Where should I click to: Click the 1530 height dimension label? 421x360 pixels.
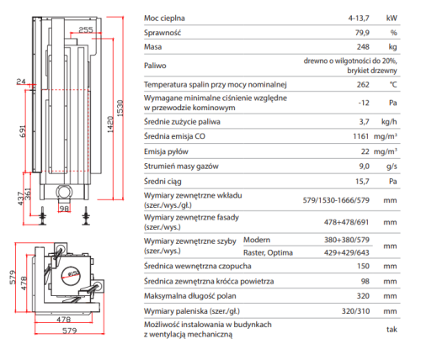coord(120,108)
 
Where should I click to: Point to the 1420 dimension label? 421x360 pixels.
coord(110,124)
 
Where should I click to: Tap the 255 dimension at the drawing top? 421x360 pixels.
coord(86,29)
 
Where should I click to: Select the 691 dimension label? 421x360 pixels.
coord(23,131)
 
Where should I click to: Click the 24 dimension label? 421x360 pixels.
coord(21,82)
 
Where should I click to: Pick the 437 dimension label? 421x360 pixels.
coord(21,199)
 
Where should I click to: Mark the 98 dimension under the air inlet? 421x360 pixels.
coord(64,209)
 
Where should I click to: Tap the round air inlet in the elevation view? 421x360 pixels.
coord(64,192)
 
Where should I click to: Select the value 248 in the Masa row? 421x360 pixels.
coord(363,47)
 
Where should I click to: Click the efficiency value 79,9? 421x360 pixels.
coord(362,33)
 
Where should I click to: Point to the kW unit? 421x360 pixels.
coord(392,19)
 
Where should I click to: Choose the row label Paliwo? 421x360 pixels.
coord(155,66)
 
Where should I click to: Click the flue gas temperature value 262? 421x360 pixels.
coord(363,84)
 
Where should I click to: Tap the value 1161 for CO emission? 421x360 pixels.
coord(361,136)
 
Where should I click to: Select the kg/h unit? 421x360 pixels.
coord(389,122)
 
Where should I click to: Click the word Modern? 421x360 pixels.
coord(257,240)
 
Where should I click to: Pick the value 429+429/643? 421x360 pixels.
coord(347,252)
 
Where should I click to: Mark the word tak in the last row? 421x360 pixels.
coord(392,330)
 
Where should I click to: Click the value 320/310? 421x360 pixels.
coord(355,311)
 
